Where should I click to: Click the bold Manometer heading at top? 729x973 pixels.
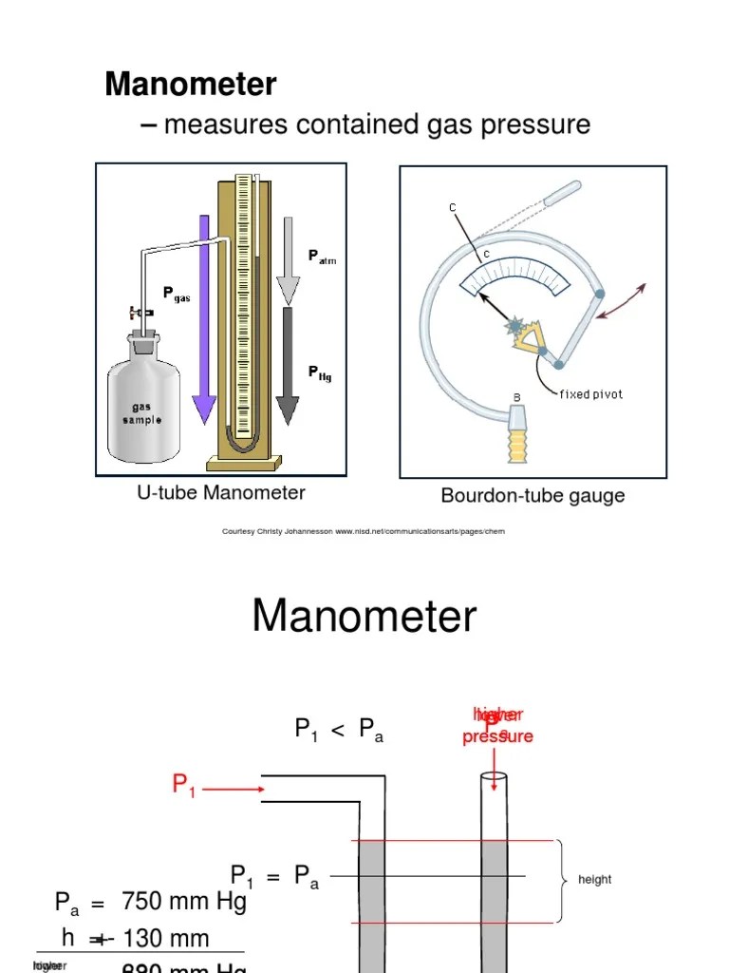[x=190, y=85]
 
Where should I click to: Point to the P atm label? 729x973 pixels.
[x=322, y=257]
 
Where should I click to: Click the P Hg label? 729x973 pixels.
[x=320, y=373]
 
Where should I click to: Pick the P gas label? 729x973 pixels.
[x=177, y=295]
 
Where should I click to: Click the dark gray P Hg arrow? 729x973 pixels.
[x=288, y=366]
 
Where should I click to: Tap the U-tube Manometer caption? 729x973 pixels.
[x=221, y=492]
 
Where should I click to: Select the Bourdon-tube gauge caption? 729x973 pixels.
[x=533, y=496]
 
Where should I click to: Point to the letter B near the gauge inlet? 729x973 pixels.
[x=517, y=397]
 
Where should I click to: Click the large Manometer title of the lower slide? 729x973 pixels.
[x=364, y=617]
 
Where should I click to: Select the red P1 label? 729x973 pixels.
[x=184, y=785]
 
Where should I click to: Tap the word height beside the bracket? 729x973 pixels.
[x=594, y=880]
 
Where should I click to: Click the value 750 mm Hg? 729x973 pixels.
[x=184, y=902]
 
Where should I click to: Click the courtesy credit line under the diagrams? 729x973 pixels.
[x=364, y=532]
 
